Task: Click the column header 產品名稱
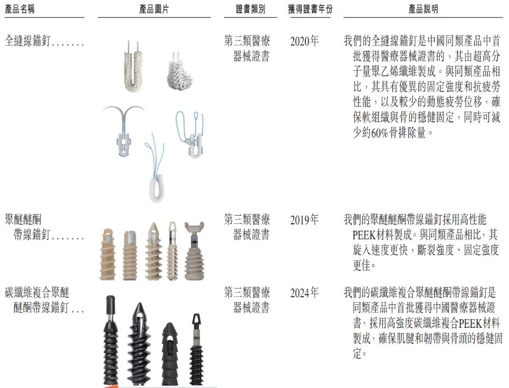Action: point(20,10)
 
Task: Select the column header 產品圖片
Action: point(154,10)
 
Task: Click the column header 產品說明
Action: point(423,10)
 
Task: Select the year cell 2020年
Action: point(304,41)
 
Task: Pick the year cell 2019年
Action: point(304,220)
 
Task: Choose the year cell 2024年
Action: point(304,293)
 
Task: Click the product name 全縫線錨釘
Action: point(28,41)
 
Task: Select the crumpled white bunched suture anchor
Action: point(179,74)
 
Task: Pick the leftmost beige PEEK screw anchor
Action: point(108,255)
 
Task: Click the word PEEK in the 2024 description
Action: point(472,323)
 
